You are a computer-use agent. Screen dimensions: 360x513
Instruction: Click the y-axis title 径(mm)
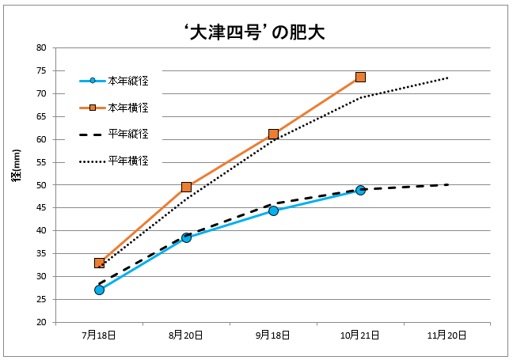click(17, 184)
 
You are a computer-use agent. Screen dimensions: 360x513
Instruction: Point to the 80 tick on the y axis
click(41, 48)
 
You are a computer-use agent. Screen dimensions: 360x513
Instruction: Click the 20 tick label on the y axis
click(41, 323)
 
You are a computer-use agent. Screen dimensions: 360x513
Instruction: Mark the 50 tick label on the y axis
click(41, 185)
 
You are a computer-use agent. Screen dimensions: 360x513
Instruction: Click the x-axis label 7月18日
click(99, 335)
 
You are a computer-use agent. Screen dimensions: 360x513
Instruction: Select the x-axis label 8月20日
click(186, 335)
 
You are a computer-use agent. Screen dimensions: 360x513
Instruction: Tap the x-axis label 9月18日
click(273, 335)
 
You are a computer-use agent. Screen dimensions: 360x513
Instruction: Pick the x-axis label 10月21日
click(360, 335)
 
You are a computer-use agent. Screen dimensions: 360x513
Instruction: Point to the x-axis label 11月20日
click(447, 335)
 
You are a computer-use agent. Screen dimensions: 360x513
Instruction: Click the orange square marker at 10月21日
click(360, 77)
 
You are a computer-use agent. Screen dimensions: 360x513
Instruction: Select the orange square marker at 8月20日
click(186, 187)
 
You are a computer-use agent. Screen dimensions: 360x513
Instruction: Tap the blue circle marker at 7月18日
click(99, 290)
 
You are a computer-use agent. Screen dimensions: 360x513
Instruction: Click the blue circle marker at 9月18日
click(273, 210)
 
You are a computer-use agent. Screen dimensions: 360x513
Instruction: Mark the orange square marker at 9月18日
click(273, 134)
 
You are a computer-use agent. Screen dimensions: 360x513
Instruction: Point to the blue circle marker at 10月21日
click(360, 190)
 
